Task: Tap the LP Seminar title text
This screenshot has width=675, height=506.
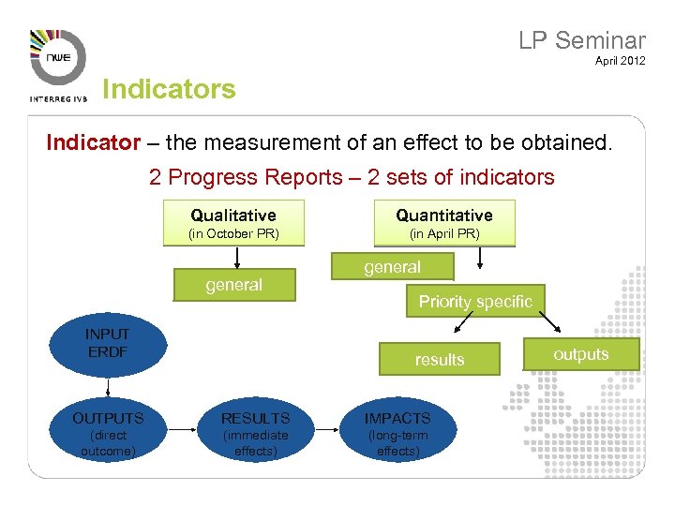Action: click(582, 40)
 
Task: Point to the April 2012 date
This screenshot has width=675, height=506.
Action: click(620, 62)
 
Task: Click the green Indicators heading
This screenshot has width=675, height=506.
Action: click(169, 90)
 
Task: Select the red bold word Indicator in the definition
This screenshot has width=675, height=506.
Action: click(93, 143)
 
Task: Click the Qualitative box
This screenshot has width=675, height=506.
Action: click(233, 222)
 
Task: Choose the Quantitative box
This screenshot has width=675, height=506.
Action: click(443, 222)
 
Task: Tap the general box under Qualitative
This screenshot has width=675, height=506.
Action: click(233, 285)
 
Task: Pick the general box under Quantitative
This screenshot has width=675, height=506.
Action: click(392, 267)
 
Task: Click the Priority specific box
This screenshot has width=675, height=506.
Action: click(474, 301)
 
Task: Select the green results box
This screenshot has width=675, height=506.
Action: click(439, 359)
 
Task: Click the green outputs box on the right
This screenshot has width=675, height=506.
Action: click(580, 354)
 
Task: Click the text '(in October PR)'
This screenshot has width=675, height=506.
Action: click(233, 233)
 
